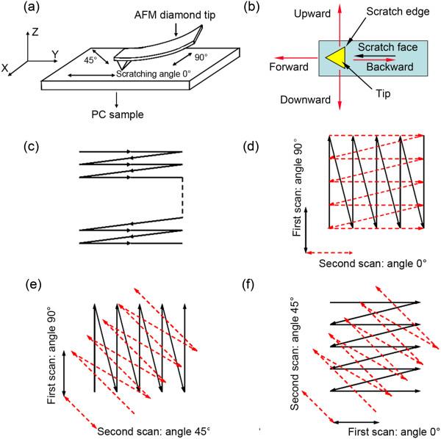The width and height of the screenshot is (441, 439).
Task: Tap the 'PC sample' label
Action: (116, 115)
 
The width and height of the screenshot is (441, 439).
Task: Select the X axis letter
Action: (10, 68)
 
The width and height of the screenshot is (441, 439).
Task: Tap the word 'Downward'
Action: (298, 98)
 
